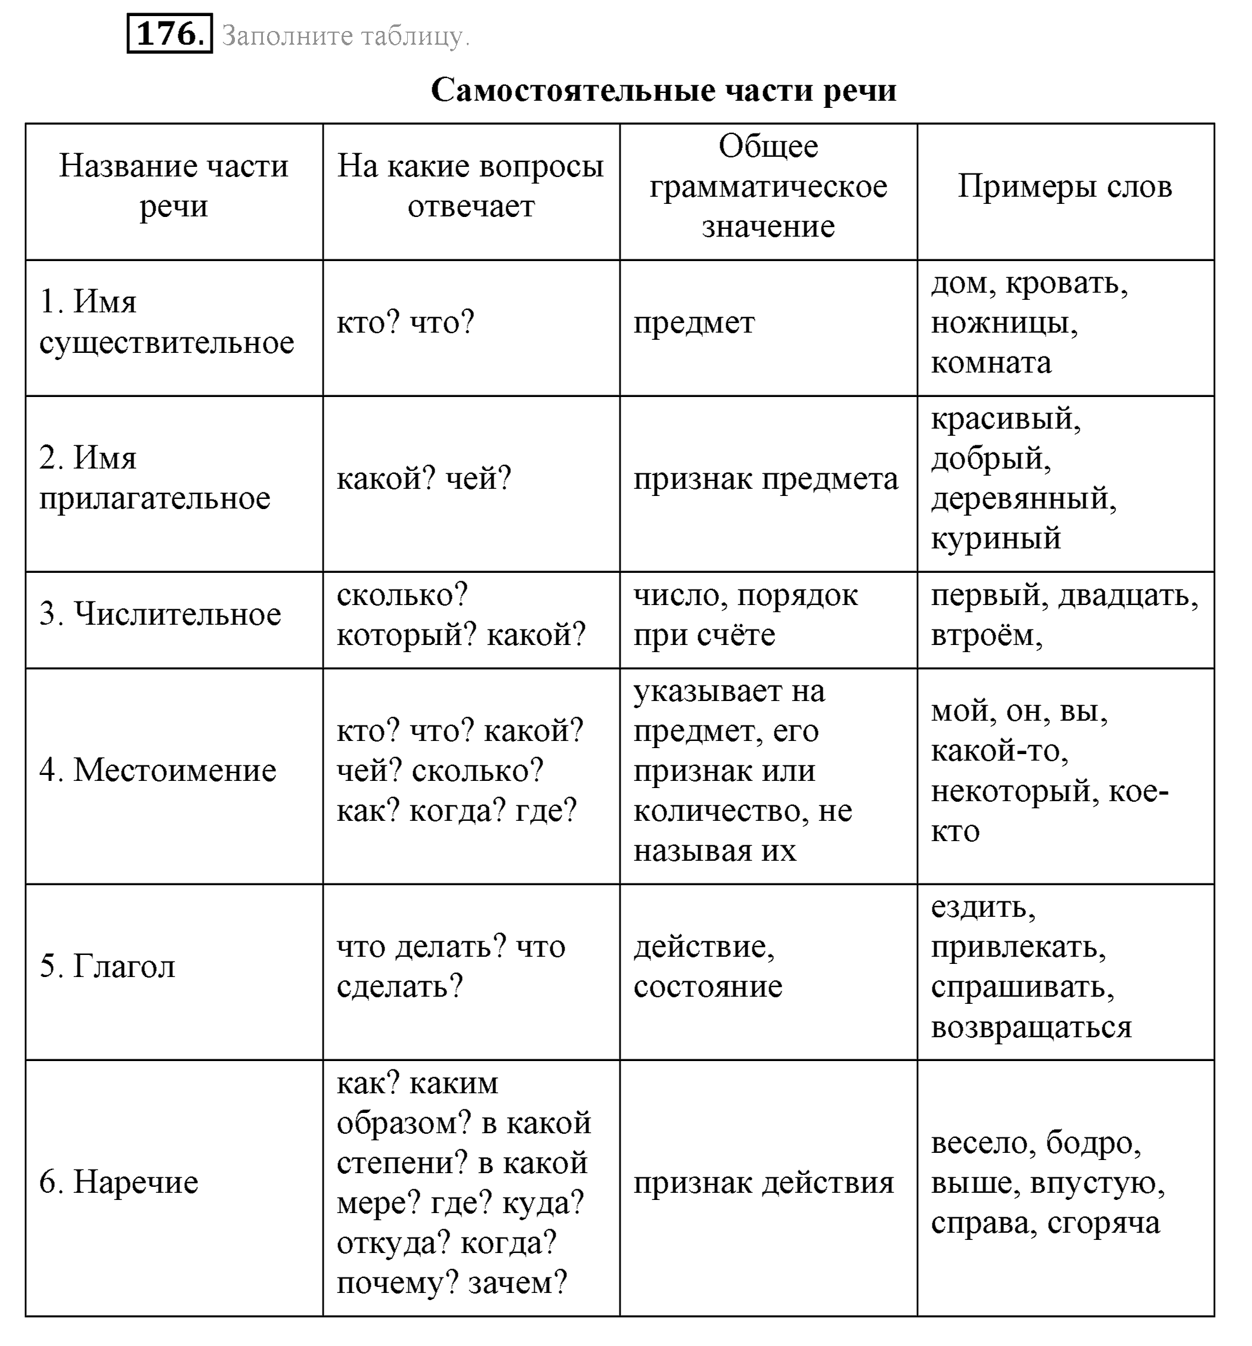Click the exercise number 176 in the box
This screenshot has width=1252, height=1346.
169,34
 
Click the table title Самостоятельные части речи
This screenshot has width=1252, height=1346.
663,90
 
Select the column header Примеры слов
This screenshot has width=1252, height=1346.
1064,186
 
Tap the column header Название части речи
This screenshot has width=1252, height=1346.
173,185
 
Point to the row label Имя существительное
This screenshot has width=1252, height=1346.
166,322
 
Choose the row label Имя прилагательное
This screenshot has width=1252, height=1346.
154,478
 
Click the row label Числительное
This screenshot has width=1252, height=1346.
160,614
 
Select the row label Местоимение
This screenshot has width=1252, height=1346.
158,771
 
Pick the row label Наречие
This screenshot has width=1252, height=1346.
119,1182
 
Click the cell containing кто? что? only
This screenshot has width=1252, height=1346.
405,323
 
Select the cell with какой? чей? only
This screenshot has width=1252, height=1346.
424,479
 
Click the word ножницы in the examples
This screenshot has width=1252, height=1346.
1003,323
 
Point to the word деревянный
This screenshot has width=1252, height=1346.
1023,499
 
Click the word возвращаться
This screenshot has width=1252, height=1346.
1031,1027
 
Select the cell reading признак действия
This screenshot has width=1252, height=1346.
764,1183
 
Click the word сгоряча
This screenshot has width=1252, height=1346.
1103,1223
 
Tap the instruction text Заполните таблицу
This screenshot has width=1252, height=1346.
345,36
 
